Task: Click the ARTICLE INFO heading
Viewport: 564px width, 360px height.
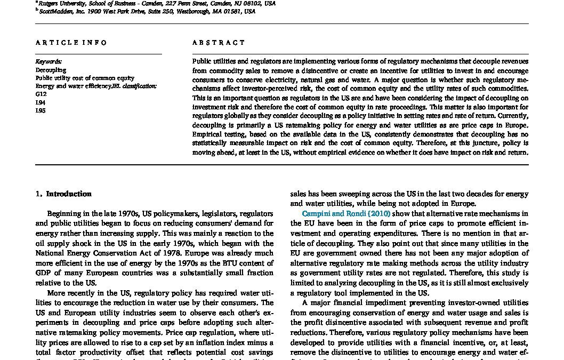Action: click(71, 43)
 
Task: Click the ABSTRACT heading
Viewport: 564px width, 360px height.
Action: click(219, 43)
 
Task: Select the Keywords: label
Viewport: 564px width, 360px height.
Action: click(49, 62)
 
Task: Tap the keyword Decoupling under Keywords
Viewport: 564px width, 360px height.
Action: click(51, 70)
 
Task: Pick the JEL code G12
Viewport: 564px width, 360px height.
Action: click(41, 94)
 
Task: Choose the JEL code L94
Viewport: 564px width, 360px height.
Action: click(41, 102)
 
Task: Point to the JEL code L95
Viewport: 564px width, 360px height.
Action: click(41, 110)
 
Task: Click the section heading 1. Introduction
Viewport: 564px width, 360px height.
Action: click(63, 194)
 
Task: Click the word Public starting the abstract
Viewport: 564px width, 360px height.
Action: click(202, 62)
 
